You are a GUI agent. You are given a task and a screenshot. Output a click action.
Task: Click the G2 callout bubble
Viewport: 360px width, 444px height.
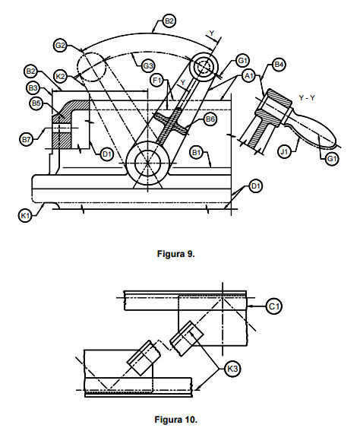tap(60, 46)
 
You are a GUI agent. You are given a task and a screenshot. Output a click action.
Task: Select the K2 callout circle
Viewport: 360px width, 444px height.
tap(60, 77)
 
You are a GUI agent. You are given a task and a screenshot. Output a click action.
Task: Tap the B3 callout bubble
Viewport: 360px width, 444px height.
tap(33, 87)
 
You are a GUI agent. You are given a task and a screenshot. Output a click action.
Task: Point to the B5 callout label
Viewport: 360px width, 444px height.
tap(36, 103)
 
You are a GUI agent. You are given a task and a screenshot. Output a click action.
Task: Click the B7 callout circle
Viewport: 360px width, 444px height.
tap(26, 139)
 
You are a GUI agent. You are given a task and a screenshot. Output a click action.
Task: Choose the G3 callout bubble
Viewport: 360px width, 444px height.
tap(148, 66)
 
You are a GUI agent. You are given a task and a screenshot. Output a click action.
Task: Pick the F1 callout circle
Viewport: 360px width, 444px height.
tap(157, 81)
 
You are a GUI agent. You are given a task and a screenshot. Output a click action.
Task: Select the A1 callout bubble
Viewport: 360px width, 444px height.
tap(249, 75)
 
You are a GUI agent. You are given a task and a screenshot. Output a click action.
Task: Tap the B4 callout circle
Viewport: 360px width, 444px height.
tap(279, 65)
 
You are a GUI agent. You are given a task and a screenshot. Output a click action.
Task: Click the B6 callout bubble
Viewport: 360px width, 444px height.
tap(210, 119)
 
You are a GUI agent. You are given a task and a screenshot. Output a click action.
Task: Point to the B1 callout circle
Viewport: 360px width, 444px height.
tap(196, 153)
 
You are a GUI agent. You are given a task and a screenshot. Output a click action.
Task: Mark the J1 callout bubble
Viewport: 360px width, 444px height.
tap(284, 152)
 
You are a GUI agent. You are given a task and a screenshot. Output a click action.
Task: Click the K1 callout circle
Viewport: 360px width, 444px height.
tap(25, 215)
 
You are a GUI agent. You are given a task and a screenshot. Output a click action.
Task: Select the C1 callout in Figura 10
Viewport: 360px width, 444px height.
tap(273, 306)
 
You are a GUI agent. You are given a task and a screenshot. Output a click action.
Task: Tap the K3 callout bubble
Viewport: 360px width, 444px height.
tap(232, 369)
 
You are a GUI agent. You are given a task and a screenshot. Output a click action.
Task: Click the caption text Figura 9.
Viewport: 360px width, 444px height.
tap(176, 254)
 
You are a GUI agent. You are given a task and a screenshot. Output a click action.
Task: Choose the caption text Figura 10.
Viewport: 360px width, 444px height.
tap(175, 419)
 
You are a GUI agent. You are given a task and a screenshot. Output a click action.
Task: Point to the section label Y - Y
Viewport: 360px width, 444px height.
tap(307, 97)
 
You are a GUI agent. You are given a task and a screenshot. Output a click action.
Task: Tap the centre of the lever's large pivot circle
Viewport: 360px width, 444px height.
tap(147, 163)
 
